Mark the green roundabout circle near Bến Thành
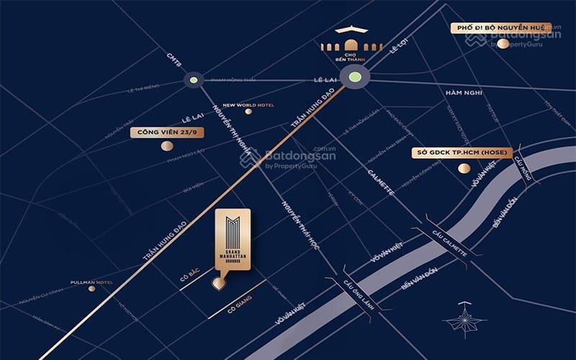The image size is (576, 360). [354, 77]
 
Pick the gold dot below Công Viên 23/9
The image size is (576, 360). [167, 146]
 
